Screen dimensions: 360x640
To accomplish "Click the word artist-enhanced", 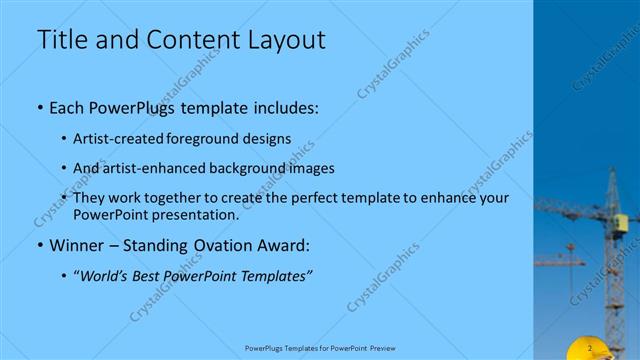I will (153, 168).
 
